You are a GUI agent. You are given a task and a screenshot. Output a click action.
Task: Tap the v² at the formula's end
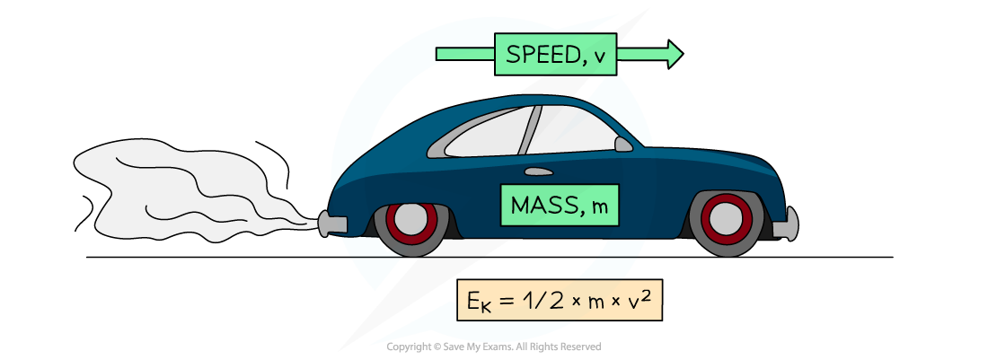[x=640, y=299]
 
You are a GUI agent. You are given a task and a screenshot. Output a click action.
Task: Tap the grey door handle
[x=538, y=171]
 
